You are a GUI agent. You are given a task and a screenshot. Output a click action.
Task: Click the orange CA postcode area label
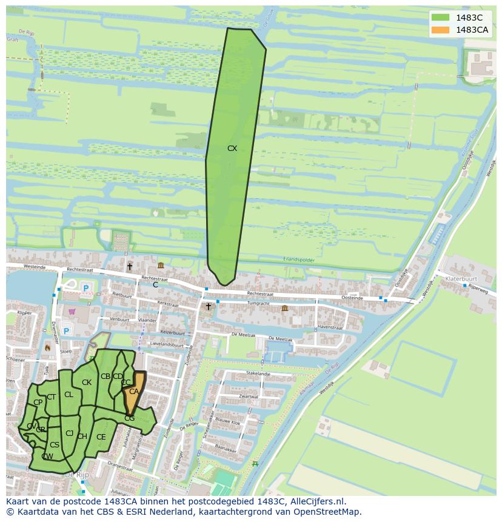tap(134, 392)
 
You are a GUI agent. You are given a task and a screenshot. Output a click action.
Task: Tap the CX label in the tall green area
tap(232, 148)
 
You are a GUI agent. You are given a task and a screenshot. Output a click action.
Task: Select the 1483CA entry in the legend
tap(472, 30)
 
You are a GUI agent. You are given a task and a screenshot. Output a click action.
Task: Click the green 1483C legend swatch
tap(441, 18)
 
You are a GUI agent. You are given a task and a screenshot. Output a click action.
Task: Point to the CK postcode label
tap(87, 382)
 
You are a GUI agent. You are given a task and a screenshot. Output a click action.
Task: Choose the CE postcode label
tap(101, 437)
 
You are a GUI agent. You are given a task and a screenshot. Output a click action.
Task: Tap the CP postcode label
tap(38, 402)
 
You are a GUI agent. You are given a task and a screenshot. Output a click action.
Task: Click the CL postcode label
tap(69, 394)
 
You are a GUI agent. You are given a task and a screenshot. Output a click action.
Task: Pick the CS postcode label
tap(55, 444)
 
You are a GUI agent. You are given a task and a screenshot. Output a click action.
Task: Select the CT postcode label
tap(52, 397)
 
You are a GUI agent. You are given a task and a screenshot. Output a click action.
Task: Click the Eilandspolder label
tap(299, 259)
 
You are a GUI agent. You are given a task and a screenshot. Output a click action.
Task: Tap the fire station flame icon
tap(47, 348)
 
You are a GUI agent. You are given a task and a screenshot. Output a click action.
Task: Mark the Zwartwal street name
tap(249, 397)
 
